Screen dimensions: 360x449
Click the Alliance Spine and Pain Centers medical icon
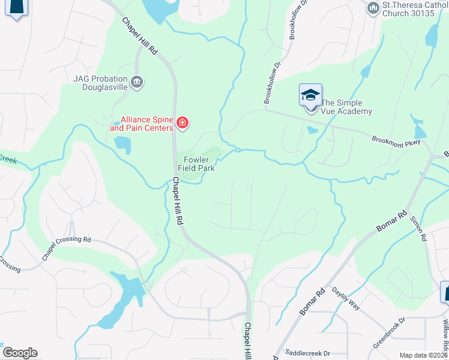point(182,124)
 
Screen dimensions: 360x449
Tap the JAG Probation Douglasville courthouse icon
point(137,82)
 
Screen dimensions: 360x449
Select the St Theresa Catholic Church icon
point(373,8)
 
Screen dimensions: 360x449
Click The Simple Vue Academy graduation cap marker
point(310,95)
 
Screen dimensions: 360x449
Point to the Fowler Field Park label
point(196,164)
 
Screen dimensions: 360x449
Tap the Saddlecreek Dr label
point(307,353)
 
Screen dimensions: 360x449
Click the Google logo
point(20,353)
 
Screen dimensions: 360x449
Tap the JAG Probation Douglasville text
point(100,82)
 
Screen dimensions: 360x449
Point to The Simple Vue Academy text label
point(347,107)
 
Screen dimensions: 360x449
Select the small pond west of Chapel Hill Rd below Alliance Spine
point(122,144)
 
